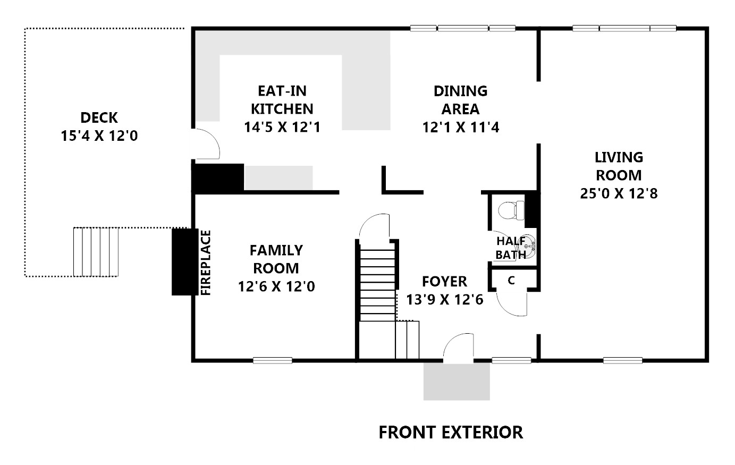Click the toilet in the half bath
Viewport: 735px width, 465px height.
click(511, 210)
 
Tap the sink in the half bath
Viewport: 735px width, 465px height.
click(527, 246)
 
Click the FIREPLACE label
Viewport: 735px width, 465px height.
click(206, 263)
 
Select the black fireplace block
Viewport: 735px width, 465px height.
click(185, 262)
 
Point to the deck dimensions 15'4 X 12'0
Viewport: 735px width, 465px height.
click(99, 136)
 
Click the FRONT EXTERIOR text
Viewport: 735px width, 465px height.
click(451, 432)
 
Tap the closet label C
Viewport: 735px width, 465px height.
click(511, 280)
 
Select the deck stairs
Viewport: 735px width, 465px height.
click(96, 252)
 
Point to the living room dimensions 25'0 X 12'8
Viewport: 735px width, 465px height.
click(619, 193)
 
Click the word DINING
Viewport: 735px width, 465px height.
click(460, 91)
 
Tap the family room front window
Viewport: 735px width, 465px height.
click(272, 360)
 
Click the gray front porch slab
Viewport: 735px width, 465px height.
click(457, 382)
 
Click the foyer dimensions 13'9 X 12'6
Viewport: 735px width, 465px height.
click(445, 299)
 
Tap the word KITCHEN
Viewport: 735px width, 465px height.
click(282, 108)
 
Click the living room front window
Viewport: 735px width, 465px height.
click(623, 360)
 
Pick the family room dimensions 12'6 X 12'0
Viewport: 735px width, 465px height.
click(276, 286)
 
